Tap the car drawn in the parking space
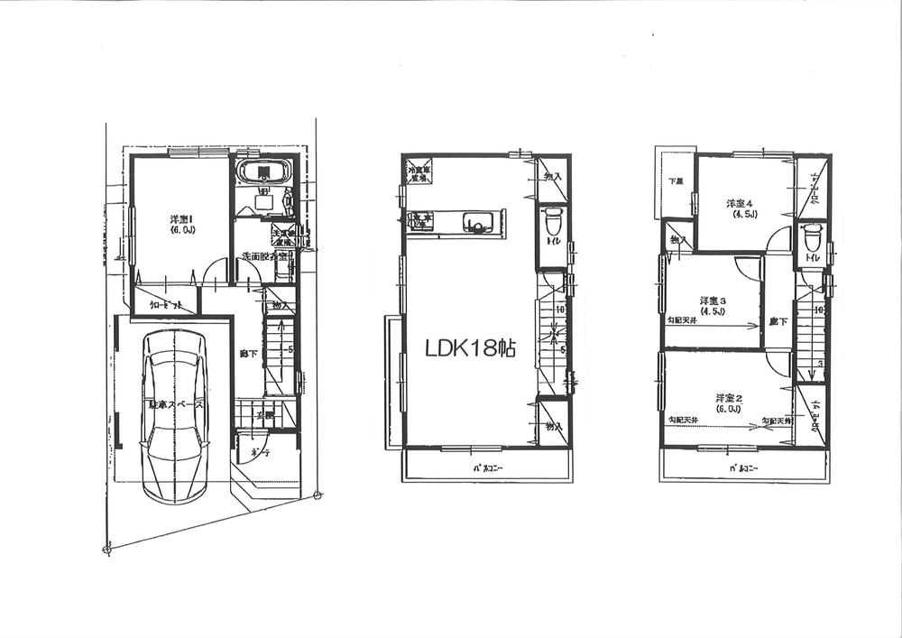(x=176, y=415)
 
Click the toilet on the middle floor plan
(x=552, y=222)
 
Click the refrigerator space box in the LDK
(x=419, y=173)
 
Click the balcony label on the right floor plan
(x=743, y=468)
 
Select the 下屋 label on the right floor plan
(x=675, y=181)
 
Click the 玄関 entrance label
(x=264, y=416)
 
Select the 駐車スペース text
(x=175, y=406)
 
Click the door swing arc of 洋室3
(x=747, y=270)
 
